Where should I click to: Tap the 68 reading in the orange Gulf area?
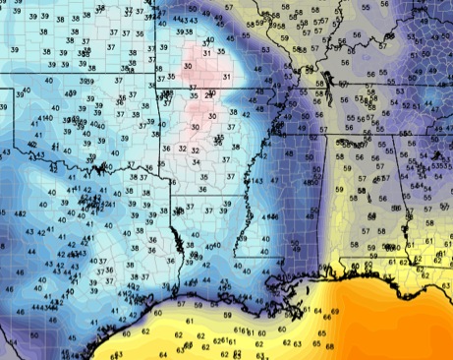click(x=329, y=346)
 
